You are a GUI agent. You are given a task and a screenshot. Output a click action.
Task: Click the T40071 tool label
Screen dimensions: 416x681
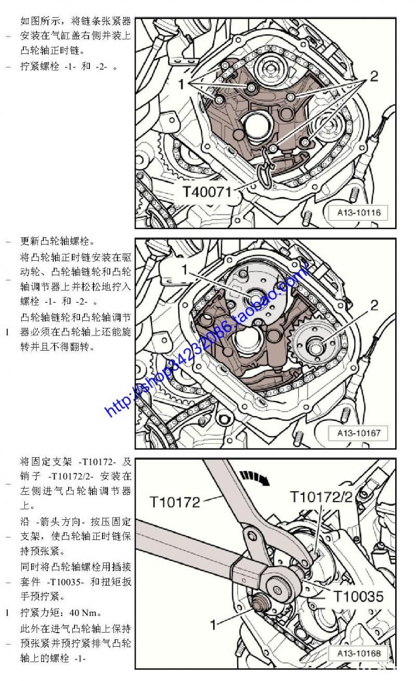tap(207, 192)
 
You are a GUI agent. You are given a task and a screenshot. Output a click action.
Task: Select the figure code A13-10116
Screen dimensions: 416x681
tap(359, 212)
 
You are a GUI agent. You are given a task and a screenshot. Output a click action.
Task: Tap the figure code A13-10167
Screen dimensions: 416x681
tap(359, 433)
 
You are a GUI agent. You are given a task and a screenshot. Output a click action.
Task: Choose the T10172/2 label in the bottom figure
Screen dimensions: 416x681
tap(321, 497)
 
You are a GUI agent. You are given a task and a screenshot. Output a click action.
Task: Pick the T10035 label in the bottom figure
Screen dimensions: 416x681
tap(359, 597)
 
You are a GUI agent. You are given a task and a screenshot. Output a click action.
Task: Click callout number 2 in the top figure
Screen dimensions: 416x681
tap(374, 76)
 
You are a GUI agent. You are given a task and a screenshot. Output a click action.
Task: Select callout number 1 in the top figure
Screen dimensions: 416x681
tap(181, 84)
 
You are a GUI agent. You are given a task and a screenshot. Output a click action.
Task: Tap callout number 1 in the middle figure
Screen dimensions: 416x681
tap(185, 269)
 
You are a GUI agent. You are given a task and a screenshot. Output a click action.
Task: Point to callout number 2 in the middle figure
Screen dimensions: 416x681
tap(374, 305)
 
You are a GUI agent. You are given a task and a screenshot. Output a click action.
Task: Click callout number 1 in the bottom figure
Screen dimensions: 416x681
tap(214, 625)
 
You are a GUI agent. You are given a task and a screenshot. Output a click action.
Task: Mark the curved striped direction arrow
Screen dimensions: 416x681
tap(254, 478)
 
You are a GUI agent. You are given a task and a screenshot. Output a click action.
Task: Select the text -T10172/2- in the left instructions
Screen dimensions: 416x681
tap(71, 476)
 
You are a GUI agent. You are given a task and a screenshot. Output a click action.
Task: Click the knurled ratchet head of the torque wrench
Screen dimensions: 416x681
tap(278, 590)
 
